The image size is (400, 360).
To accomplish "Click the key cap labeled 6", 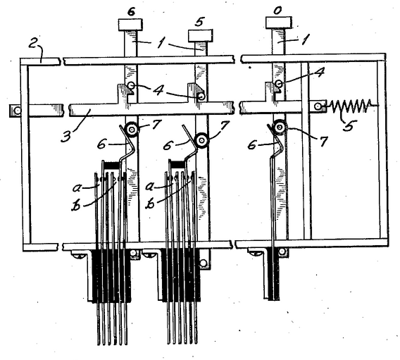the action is pos(130,25).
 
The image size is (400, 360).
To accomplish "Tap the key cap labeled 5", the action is pos(201,35).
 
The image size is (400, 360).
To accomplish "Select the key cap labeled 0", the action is pos(279,23).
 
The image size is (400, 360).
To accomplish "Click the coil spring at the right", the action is pos(352,106).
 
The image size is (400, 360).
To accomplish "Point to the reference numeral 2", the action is pos(33,44).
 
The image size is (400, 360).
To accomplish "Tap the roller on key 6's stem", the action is pos(132,130).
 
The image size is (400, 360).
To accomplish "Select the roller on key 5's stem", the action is pos(202,140).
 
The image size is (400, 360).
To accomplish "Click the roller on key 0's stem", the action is pos(280,127).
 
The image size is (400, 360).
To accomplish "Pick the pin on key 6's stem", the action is pos(131,85).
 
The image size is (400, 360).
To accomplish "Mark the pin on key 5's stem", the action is pos(201,97).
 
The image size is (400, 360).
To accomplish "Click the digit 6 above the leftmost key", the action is pos(131,12).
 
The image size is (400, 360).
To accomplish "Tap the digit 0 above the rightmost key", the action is pos(277,11).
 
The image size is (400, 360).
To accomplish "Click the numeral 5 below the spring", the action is pos(349,125).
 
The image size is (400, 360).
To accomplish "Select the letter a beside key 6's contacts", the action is pos(77,188).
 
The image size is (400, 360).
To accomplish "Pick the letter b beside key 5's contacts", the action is pos(151,204).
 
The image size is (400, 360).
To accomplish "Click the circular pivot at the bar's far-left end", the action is pos(18,111).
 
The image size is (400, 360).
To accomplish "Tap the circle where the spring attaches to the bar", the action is pos(318,106).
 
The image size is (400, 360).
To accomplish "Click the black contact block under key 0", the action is pos(274,274).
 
